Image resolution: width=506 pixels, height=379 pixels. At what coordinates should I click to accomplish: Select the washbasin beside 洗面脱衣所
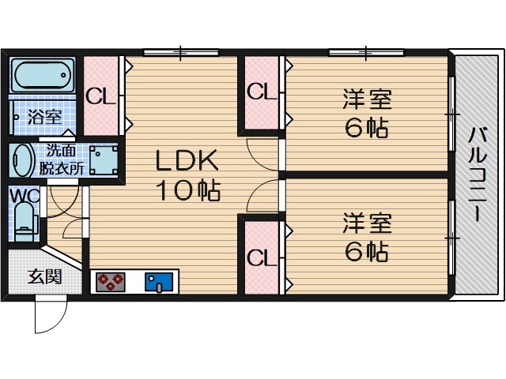22,161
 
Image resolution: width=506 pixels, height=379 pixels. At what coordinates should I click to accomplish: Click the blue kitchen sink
160,281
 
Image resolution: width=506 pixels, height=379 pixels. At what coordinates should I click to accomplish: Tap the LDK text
187,161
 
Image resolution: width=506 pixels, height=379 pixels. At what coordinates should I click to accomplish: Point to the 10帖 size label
187,191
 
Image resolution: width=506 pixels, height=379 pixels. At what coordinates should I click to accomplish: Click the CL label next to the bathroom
100,96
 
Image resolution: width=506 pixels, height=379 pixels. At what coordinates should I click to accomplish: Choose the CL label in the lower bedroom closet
262,258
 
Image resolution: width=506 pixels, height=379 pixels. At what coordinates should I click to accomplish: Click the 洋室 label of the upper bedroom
367,100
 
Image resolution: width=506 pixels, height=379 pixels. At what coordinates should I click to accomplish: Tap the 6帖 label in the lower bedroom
366,252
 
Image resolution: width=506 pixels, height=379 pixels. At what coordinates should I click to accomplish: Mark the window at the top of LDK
181,53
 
